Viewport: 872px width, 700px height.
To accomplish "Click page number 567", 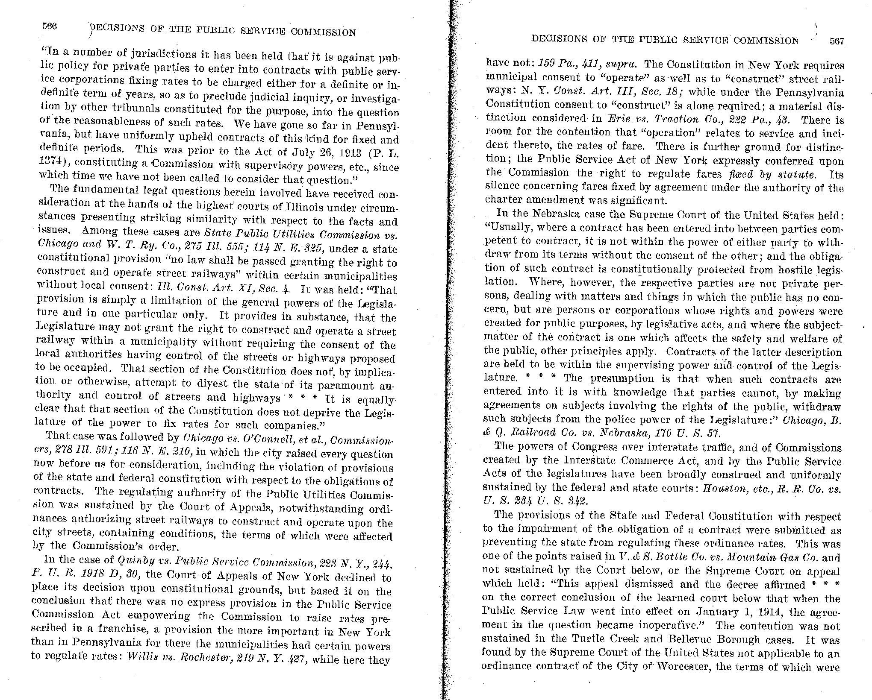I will [837, 41].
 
